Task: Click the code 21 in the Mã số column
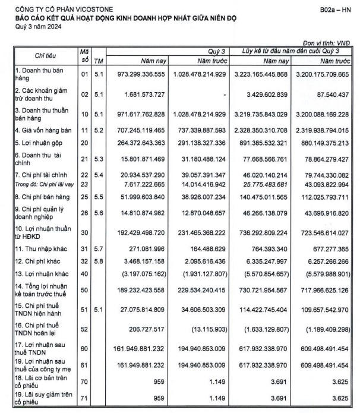84,157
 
